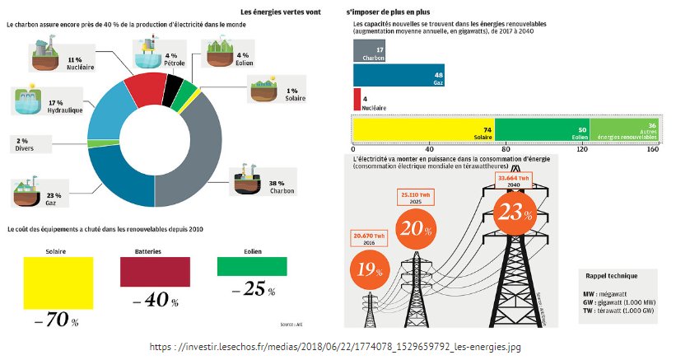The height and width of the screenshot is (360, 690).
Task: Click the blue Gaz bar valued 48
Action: click(x=399, y=76)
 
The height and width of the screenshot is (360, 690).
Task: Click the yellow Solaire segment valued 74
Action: click(x=423, y=131)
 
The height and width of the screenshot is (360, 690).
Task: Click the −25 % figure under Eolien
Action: click(x=252, y=289)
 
